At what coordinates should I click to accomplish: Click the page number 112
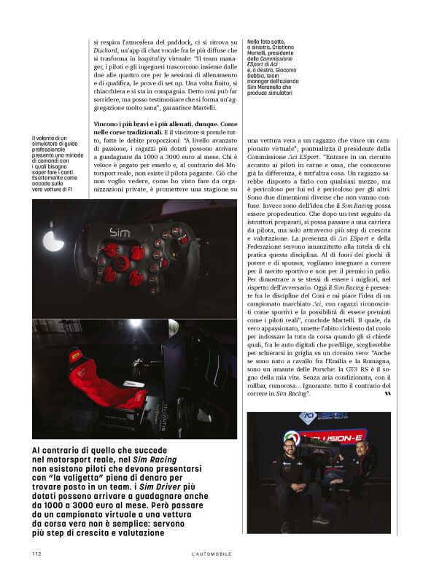pyautogui.click(x=36, y=554)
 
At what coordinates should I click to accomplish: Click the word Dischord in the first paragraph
pyautogui.click(x=107, y=52)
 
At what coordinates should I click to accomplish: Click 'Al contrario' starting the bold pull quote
pyautogui.click(x=59, y=450)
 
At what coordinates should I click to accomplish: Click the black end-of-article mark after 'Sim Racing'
pyautogui.click(x=387, y=394)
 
